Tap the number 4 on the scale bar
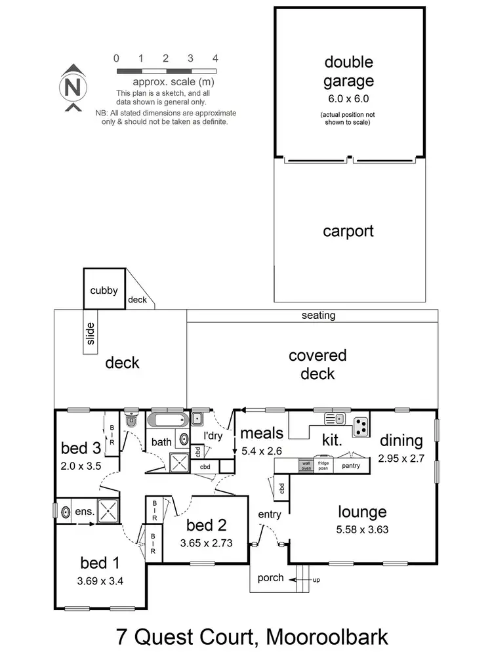[x=215, y=58]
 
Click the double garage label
[x=349, y=72]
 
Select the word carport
[x=348, y=231]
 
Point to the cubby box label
[x=104, y=290]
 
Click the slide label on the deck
[x=91, y=333]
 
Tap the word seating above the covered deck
[x=319, y=316]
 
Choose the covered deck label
[x=318, y=365]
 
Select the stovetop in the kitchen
[x=361, y=426]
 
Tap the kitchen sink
[x=335, y=418]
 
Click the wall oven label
[x=306, y=465]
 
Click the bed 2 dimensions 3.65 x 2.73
[x=206, y=543]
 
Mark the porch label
[x=271, y=578]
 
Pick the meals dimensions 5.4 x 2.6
[x=261, y=451]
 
